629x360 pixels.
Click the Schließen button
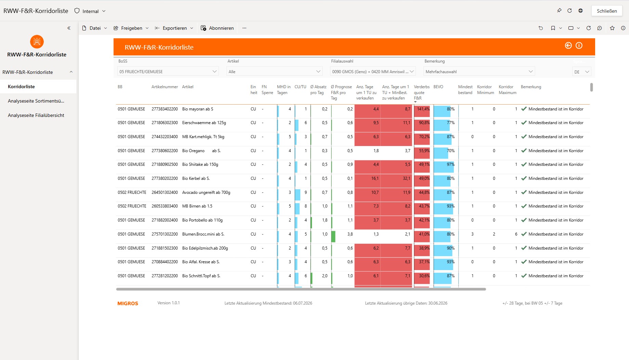pos(607,11)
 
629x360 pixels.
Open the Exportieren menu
pos(174,28)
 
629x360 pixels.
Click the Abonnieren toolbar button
pos(218,28)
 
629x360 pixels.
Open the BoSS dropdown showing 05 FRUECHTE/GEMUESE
pos(168,71)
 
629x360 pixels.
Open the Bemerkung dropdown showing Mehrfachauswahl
pos(479,71)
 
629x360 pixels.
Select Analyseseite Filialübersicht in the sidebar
pos(36,115)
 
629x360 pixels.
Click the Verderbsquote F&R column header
pos(422,92)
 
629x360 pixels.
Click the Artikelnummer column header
pos(165,87)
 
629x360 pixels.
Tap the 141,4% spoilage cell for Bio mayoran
pos(423,109)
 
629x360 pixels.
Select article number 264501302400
pos(165,192)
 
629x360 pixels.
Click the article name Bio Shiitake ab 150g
pos(200,164)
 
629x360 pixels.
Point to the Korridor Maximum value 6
pos(516,234)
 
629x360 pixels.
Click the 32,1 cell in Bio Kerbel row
pos(406,178)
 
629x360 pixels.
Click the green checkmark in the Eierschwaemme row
pos(524,123)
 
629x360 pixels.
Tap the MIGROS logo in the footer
pos(128,304)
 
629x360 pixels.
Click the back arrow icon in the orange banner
pos(568,45)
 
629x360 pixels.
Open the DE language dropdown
pos(581,72)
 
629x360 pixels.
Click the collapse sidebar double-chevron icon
pos(69,28)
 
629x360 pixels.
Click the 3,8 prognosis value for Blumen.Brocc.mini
pos(350,234)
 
